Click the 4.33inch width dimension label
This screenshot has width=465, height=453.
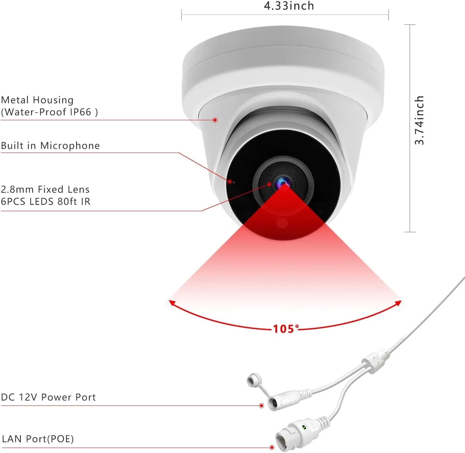point(289,6)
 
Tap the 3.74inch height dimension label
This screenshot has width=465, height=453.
point(419,120)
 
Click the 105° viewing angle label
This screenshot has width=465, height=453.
point(286,329)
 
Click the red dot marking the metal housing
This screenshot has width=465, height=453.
point(215,120)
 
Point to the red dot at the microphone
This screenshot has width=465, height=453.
point(230,182)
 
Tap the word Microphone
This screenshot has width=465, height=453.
point(70,145)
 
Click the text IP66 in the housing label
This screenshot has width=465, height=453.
point(80,112)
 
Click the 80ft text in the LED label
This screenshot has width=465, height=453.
point(67,201)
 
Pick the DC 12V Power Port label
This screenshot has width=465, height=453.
point(48,397)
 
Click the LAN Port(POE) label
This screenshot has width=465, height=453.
point(38,439)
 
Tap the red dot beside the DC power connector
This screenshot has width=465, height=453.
point(261,406)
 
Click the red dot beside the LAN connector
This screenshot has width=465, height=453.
point(272,447)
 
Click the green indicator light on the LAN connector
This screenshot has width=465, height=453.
point(304,427)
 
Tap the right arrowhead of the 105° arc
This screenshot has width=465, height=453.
point(399,303)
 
